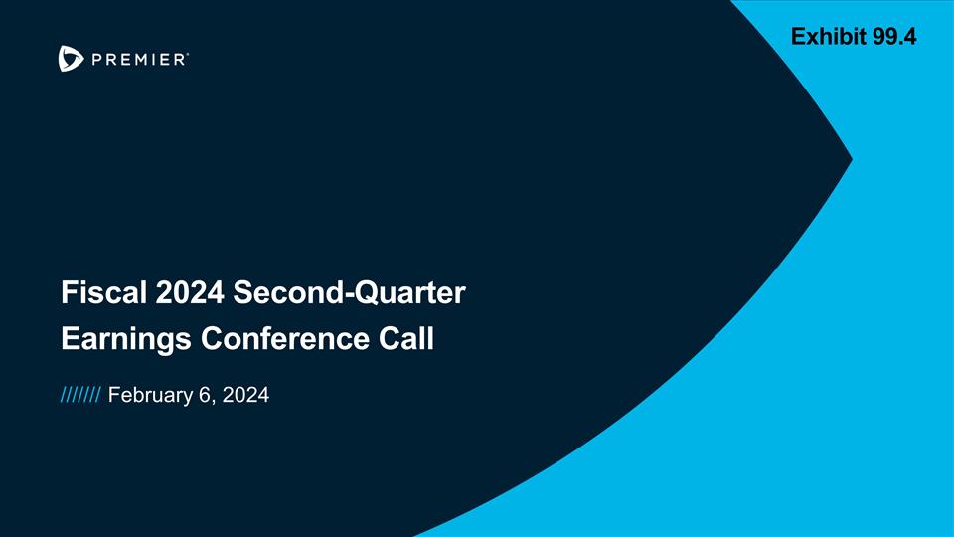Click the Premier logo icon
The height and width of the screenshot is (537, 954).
pos(70,59)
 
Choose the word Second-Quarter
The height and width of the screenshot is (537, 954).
pos(350,294)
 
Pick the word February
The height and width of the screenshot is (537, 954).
pos(149,397)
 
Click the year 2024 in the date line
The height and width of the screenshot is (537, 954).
pos(246,397)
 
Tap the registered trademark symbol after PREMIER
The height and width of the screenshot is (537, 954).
pos(188,56)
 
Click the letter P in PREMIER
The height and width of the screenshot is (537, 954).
pos(96,60)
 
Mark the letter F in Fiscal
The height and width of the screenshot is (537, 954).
pos(68,294)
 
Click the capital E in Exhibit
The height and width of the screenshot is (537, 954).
pos(798,38)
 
